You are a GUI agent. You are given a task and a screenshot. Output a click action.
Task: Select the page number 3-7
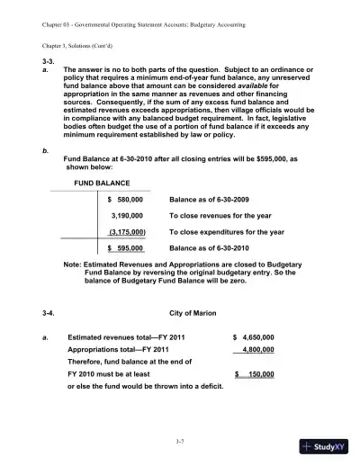[180, 441]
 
